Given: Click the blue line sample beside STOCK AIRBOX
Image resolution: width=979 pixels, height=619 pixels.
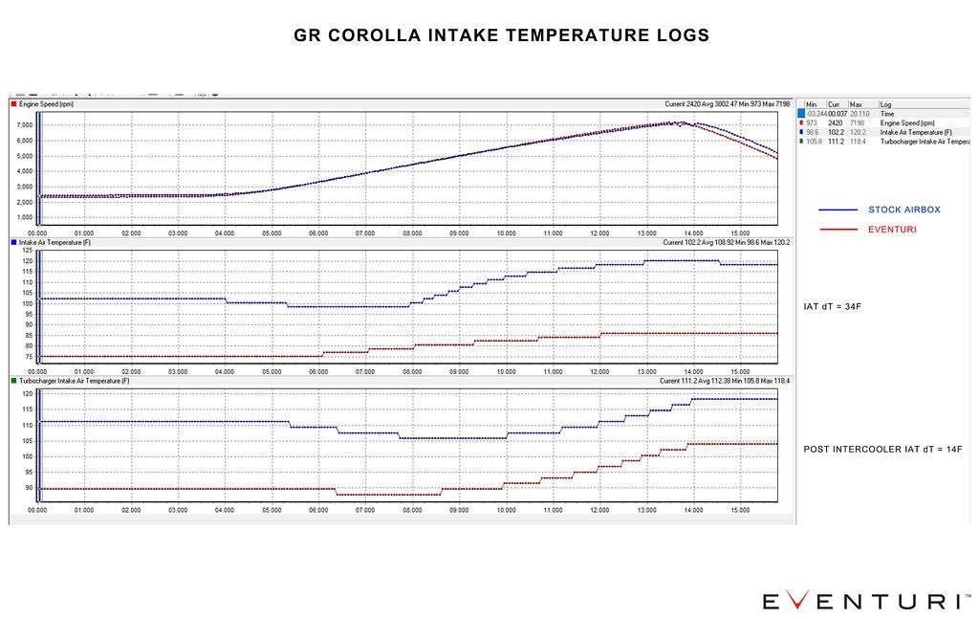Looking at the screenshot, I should [x=838, y=209].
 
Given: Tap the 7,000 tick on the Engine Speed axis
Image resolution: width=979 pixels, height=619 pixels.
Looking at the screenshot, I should [x=24, y=125].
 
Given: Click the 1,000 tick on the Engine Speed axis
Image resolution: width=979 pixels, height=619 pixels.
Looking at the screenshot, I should [x=24, y=217].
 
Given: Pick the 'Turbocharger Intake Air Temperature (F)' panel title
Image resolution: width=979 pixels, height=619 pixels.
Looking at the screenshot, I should [x=74, y=381].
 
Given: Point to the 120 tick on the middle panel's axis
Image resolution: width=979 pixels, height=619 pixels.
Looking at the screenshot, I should [x=27, y=260].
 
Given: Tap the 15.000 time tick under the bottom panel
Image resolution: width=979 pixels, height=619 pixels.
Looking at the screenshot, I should [x=740, y=511].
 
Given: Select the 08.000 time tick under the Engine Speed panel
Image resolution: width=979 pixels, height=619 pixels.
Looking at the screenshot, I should [x=412, y=232].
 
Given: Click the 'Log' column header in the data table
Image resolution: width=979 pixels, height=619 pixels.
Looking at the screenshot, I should [x=885, y=104].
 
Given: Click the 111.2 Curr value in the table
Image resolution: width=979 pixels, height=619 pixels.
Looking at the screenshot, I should [x=835, y=141].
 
